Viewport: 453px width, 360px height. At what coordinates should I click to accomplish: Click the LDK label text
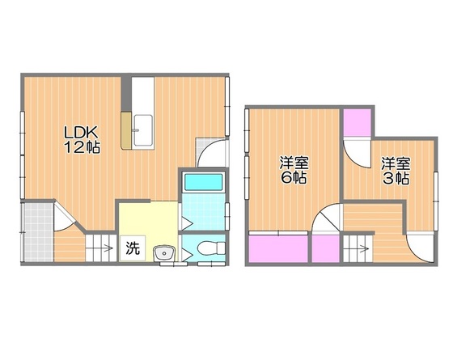[80, 133]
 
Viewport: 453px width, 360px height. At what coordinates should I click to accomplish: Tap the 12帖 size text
[82, 147]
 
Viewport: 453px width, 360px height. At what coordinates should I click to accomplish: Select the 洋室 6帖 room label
[294, 171]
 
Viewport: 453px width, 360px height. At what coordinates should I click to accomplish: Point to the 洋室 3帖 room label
[396, 171]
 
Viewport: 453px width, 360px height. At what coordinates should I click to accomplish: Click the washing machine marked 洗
[133, 248]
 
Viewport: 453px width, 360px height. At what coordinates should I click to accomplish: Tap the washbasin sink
[164, 253]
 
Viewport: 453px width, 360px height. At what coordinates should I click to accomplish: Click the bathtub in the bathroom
[203, 182]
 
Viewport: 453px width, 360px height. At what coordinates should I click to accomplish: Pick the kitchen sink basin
[143, 130]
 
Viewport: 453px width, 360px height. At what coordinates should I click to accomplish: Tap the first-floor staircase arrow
[107, 248]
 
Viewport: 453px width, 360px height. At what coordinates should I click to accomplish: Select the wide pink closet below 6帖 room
[278, 249]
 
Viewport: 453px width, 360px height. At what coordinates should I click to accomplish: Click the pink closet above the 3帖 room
[358, 122]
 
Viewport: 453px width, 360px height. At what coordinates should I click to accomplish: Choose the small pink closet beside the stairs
[325, 249]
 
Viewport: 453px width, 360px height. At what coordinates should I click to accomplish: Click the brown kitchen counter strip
[126, 130]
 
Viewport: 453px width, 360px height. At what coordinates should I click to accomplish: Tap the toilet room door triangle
[186, 256]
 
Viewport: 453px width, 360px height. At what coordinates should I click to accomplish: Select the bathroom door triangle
[187, 222]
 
